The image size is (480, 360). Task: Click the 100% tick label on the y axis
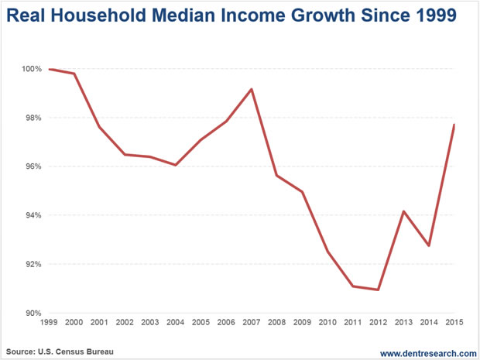(31, 70)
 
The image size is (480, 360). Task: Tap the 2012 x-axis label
(377, 323)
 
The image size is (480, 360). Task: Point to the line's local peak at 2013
(403, 211)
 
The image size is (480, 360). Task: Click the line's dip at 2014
(428, 245)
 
